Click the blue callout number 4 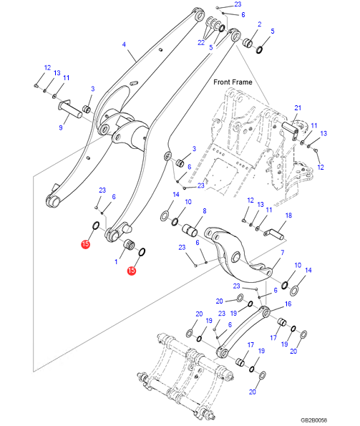124,44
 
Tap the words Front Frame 233,82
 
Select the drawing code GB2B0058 314,420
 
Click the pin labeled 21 291,130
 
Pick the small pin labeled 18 274,234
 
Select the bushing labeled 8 190,231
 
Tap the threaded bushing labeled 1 129,244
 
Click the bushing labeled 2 248,43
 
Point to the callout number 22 201,43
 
